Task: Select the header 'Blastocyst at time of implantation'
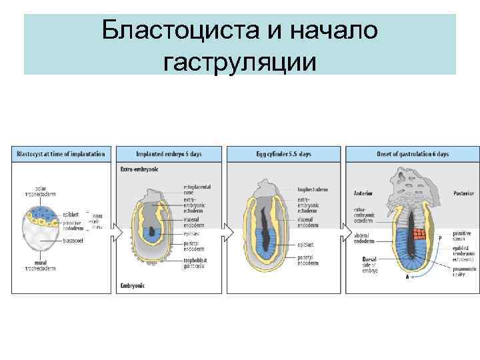[x=61, y=154]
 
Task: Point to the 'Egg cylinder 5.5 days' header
[x=283, y=154]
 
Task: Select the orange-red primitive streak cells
[x=418, y=235]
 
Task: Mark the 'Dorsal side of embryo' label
[x=370, y=265]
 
